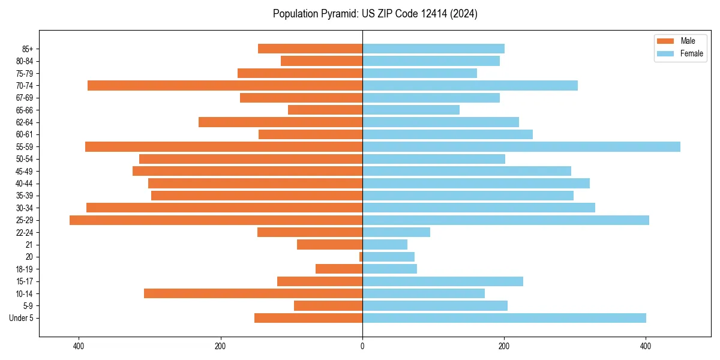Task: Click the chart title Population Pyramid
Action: pos(375,14)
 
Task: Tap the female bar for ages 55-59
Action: pos(521,146)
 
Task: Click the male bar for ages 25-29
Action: pos(216,220)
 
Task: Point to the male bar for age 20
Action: pos(361,257)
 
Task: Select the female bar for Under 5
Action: pos(504,318)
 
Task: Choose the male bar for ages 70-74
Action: pos(225,85)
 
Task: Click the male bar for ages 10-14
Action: pos(253,293)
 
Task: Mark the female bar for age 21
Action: pos(385,245)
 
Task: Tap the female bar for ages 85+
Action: pos(433,49)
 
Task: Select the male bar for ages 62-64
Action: pos(280,122)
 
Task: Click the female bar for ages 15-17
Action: pos(442,281)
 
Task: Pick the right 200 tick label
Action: pos(504,346)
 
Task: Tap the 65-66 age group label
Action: pos(25,110)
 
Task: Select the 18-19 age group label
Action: pos(25,269)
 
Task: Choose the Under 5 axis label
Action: pos(22,318)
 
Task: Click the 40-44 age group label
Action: pos(25,184)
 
